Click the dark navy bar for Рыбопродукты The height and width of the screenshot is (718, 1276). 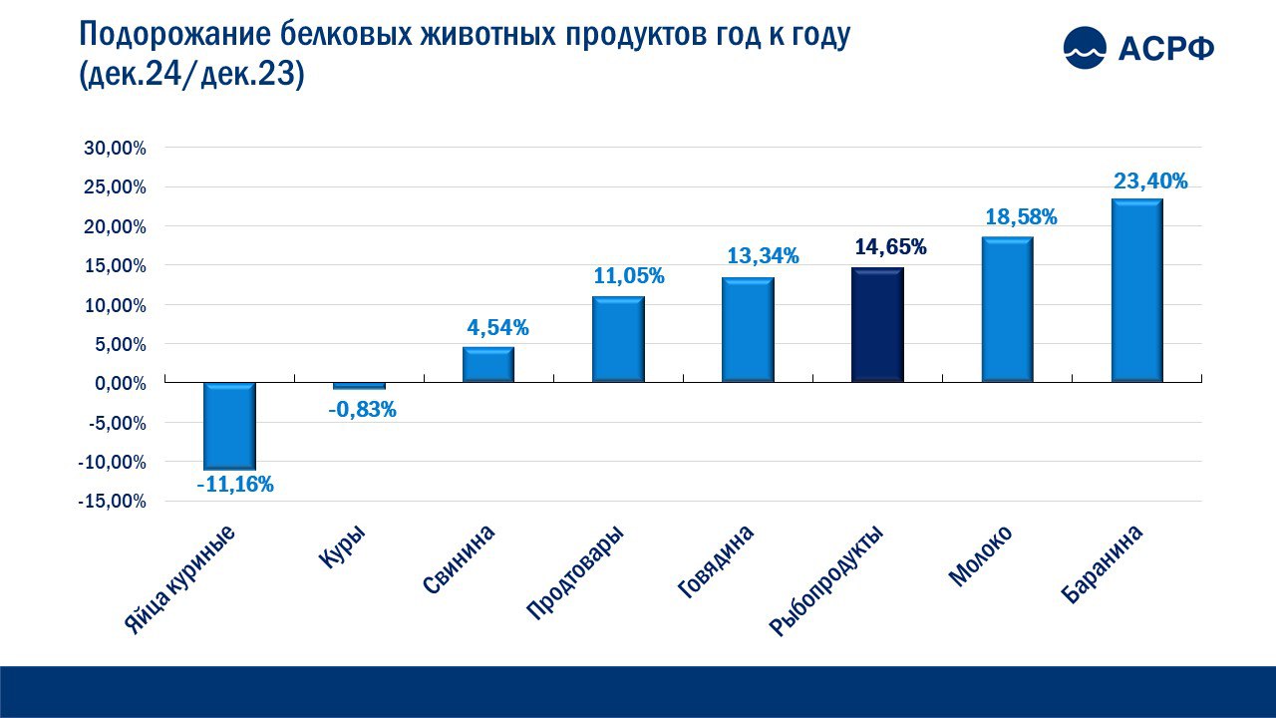pyautogui.click(x=877, y=325)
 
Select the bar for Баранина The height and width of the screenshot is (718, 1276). pyautogui.click(x=1137, y=290)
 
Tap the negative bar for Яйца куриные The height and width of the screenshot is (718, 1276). pyautogui.click(x=229, y=426)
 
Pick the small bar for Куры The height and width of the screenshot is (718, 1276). pyautogui.click(x=360, y=386)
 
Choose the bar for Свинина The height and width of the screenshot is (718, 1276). pyautogui.click(x=488, y=365)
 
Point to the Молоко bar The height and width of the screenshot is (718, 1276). pyautogui.click(x=1007, y=309)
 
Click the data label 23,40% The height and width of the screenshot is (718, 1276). pyautogui.click(x=1150, y=181)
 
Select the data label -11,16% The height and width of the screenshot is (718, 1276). pyautogui.click(x=235, y=485)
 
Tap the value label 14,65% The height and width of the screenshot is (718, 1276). pyautogui.click(x=890, y=246)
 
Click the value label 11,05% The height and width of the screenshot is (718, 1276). pyautogui.click(x=629, y=276)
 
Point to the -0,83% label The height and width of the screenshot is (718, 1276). pyautogui.click(x=362, y=409)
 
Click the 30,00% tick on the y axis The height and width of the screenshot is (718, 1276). pyautogui.click(x=115, y=149)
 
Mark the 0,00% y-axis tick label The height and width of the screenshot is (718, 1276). pyautogui.click(x=121, y=384)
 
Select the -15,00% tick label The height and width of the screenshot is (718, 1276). pyautogui.click(x=113, y=502)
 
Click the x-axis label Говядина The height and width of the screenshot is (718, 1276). pyautogui.click(x=716, y=561)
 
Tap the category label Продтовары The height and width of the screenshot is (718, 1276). pyautogui.click(x=575, y=572)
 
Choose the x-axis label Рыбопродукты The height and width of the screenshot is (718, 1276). pyautogui.click(x=826, y=580)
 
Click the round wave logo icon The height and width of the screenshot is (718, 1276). pyautogui.click(x=1086, y=47)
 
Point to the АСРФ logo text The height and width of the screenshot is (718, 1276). pyautogui.click(x=1166, y=49)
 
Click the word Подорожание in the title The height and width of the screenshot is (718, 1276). pyautogui.click(x=174, y=35)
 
